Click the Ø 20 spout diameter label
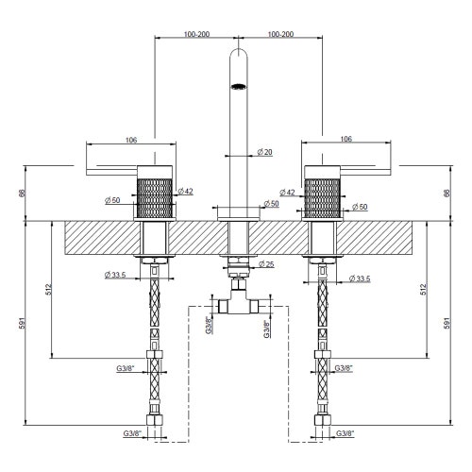265,152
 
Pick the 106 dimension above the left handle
130,140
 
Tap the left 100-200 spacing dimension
197,34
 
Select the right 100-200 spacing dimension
280,34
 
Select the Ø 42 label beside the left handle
187,192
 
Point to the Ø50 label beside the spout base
271,203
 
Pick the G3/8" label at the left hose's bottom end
131,433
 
